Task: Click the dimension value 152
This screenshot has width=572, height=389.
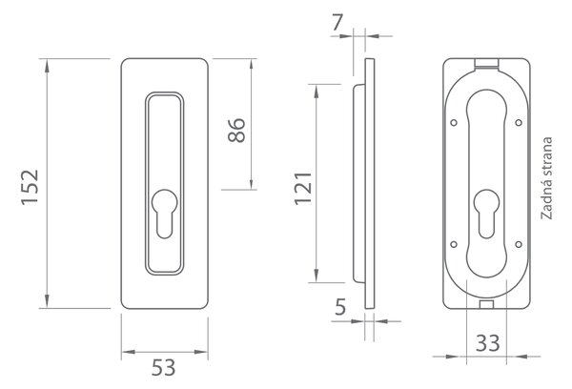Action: click(x=30, y=187)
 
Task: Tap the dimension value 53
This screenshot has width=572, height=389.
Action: click(x=163, y=367)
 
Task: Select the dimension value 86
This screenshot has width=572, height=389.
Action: click(x=236, y=130)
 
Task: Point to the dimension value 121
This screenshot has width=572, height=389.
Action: click(x=303, y=188)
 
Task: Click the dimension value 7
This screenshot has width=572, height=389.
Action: click(x=337, y=23)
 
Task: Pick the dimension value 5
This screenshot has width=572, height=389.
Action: click(x=340, y=307)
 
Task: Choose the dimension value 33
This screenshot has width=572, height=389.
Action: click(x=488, y=343)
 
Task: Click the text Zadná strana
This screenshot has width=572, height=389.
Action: click(x=546, y=178)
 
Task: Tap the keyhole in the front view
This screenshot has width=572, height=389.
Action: click(x=165, y=214)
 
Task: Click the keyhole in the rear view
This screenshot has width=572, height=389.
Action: click(x=486, y=214)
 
